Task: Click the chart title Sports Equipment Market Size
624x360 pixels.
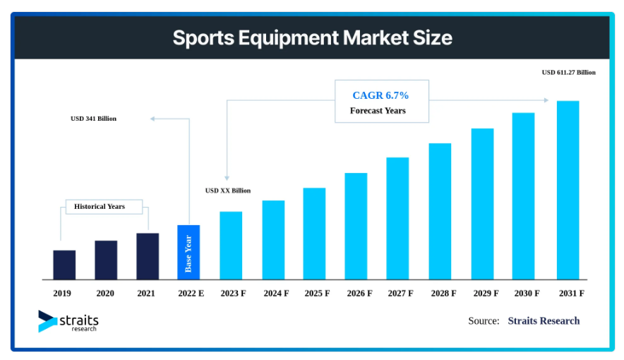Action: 312,37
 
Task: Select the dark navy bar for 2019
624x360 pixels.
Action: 64,265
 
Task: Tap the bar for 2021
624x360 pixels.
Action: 148,256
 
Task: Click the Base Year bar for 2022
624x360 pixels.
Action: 188,252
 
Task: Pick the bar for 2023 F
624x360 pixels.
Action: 231,246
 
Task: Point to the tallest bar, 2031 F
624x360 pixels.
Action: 568,190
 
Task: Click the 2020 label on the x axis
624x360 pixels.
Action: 105,292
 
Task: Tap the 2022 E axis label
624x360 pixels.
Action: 188,292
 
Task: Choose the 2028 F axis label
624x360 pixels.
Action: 444,292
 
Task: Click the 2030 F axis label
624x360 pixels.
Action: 526,292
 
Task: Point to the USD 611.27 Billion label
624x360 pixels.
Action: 568,72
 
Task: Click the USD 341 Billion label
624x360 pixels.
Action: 93,119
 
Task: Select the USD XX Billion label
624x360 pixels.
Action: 227,191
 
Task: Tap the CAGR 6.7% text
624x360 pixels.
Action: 380,95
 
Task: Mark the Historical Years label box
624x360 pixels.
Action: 104,207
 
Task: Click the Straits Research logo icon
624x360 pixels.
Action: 48,321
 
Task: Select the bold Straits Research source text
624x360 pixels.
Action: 544,321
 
